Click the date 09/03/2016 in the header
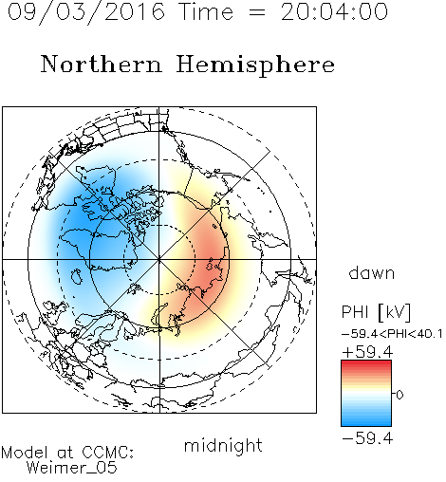86,11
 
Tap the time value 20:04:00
334,11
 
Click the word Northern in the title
102,64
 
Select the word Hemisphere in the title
255,65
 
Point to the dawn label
372,272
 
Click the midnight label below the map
223,445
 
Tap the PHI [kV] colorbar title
376,312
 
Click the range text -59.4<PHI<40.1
392,334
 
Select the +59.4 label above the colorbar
367,352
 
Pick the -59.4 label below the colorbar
367,438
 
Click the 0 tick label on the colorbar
400,395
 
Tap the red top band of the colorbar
366,363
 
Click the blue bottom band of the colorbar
366,423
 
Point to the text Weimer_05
72,468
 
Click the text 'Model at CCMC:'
67,453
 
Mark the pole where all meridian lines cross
159,259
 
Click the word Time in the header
206,11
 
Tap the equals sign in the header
256,12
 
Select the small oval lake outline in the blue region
76,276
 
